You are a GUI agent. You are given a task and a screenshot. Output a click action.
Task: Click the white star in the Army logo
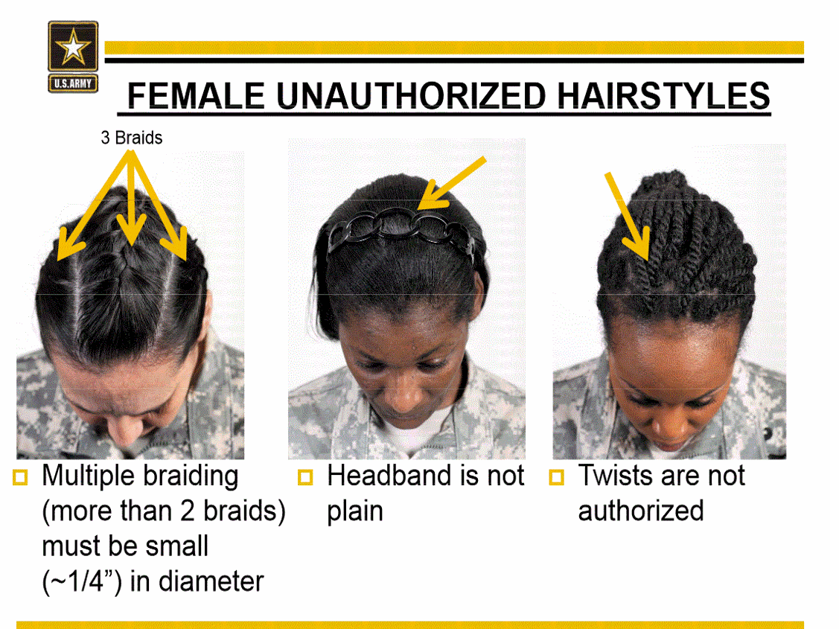coord(73,47)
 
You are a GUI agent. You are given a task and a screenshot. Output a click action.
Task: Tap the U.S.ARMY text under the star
coord(73,84)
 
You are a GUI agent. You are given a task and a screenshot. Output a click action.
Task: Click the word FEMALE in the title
coord(196,96)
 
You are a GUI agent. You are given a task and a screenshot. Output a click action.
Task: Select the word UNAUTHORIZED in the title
coord(411,96)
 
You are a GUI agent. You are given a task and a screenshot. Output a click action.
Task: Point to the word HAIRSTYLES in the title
coord(663,96)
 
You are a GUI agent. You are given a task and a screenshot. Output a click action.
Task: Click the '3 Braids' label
coord(132,138)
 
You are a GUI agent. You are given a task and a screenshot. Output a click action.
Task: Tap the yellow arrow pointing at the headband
coord(451,183)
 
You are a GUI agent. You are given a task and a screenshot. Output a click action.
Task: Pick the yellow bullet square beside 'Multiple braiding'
coord(20,477)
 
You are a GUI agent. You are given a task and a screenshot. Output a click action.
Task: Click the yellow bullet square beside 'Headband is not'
coord(305,477)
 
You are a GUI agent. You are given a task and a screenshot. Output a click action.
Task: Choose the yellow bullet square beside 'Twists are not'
coord(557,477)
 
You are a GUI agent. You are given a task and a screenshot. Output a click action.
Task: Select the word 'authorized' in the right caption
coord(641,511)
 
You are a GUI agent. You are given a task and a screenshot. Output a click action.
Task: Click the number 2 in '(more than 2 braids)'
coord(187,511)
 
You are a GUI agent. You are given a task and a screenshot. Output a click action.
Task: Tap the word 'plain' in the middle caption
coord(355,512)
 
